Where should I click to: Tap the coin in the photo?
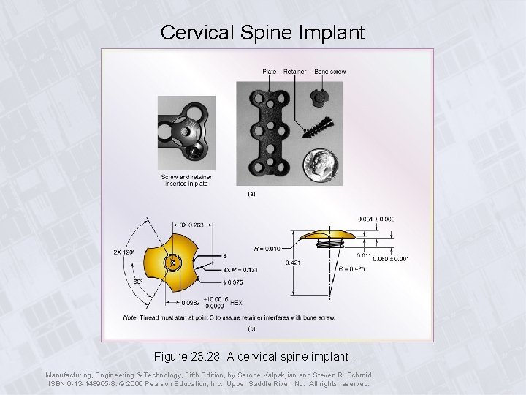point(319,165)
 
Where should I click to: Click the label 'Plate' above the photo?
point(269,72)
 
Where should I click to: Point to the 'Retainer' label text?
point(294,72)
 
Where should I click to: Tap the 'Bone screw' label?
point(330,72)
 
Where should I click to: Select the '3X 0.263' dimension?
point(191,225)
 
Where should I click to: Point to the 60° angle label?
point(137,281)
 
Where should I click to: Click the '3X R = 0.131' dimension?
point(240,269)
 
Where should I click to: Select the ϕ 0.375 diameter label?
point(234,282)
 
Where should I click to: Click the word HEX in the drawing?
point(236,302)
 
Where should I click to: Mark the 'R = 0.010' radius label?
point(267,249)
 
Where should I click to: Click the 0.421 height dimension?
point(293,262)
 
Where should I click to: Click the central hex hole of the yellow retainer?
point(172,262)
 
